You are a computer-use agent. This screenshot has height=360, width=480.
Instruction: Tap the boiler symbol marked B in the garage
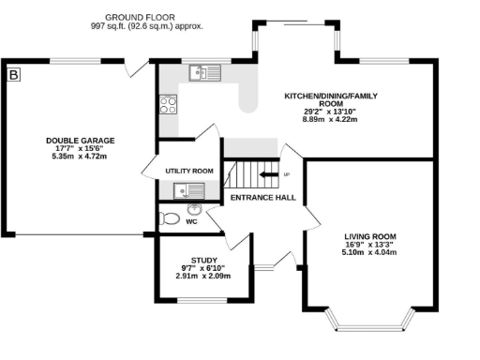(14, 73)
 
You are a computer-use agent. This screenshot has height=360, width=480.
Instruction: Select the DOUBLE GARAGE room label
(81, 141)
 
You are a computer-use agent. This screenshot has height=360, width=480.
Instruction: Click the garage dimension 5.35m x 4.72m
(81, 157)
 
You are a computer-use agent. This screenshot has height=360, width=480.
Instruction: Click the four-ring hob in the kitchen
(169, 104)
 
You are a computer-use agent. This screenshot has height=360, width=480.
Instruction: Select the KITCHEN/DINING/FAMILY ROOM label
(333, 99)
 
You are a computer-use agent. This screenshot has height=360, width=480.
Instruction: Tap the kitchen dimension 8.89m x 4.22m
(333, 119)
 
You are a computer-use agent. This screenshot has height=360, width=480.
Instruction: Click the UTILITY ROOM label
(189, 171)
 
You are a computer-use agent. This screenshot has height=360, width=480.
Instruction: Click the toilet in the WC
(169, 218)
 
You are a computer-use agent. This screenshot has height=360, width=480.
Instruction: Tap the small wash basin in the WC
(195, 209)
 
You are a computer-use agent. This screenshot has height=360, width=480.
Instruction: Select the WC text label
(191, 222)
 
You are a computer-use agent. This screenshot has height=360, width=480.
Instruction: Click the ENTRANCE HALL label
(263, 197)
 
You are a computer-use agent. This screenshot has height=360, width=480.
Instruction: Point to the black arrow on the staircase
(268, 174)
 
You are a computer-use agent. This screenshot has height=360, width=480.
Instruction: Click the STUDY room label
(204, 260)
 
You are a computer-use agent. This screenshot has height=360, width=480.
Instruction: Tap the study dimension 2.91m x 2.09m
(204, 276)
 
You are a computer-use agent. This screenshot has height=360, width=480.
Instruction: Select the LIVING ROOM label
(370, 236)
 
